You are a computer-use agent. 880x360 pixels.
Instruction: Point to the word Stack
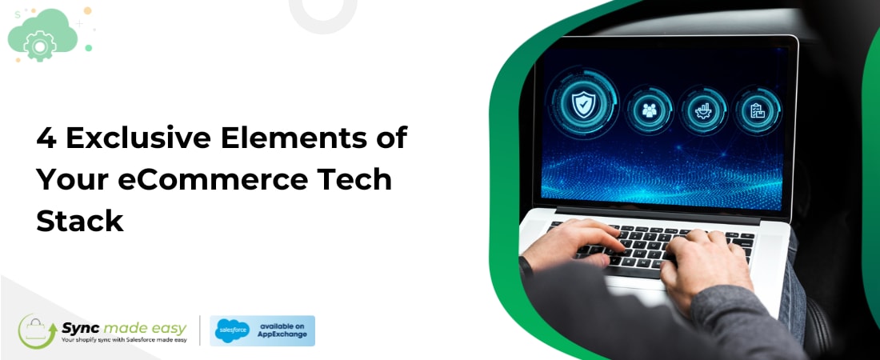[x=80, y=220]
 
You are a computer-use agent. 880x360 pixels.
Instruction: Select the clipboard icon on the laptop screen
[x=757, y=110]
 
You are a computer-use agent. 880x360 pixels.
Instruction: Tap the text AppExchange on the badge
[x=279, y=336]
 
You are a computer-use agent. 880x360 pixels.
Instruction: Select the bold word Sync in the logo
[x=82, y=327]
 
